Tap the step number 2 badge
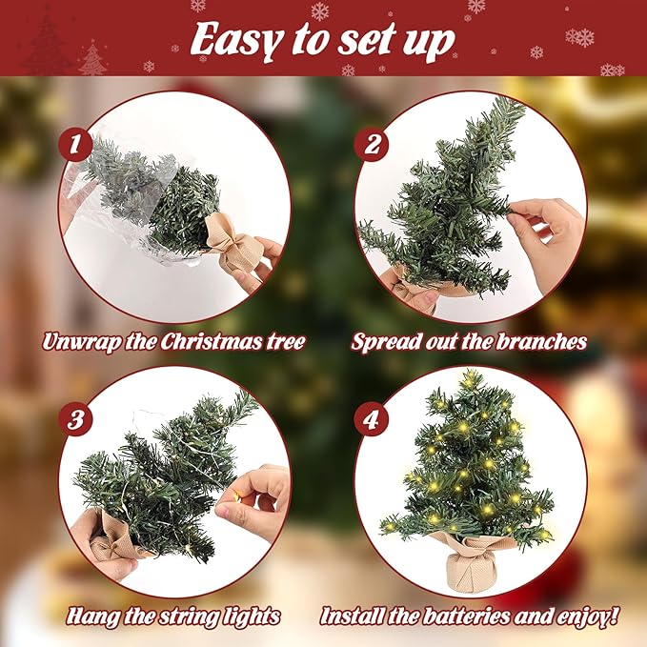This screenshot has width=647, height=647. [x=370, y=146]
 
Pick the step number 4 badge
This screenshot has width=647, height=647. [x=370, y=420]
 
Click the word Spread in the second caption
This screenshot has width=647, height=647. [x=384, y=341]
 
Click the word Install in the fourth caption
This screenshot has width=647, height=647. [x=353, y=617]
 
